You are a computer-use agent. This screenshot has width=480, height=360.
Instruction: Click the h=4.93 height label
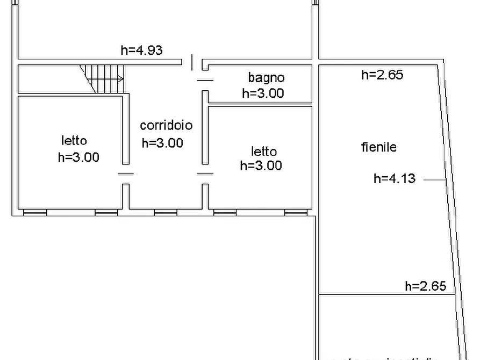141,51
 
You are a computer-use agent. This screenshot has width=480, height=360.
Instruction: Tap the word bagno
266,78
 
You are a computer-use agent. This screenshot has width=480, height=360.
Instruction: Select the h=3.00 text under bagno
263,93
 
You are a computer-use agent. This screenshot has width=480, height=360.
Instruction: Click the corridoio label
166,126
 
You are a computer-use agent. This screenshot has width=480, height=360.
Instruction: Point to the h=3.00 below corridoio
162,143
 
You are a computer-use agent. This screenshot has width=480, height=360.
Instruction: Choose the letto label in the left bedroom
74,141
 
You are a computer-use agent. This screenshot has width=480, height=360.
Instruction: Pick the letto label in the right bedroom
264,151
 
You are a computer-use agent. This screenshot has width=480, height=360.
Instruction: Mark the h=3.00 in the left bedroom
78,158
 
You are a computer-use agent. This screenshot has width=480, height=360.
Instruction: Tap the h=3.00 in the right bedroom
261,166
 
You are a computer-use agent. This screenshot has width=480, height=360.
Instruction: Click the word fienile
378,147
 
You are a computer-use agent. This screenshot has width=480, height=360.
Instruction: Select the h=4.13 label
395,179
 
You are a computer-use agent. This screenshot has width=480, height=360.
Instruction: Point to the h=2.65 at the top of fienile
382,75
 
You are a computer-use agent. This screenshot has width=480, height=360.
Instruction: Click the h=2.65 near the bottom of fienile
425,286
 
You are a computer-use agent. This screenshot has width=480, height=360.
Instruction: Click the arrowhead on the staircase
121,79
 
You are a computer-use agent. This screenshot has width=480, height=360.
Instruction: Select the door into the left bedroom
125,174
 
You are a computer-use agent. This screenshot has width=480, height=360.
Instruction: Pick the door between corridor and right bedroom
205,174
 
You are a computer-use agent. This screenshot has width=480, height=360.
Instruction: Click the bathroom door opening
205,80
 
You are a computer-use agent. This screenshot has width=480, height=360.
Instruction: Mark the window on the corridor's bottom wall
166,213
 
